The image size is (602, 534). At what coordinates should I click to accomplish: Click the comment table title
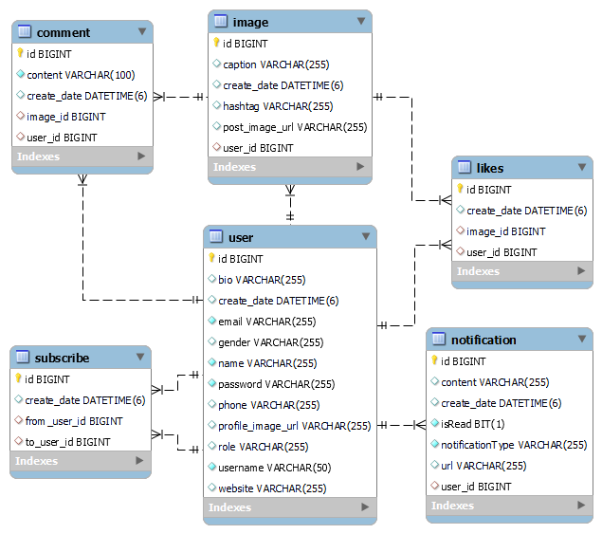pyautogui.click(x=64, y=32)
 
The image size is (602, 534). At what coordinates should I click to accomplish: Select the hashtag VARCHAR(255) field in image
pyautogui.click(x=278, y=106)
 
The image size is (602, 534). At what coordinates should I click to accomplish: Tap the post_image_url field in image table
pyautogui.click(x=294, y=127)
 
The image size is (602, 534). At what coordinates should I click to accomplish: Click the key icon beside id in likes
pyautogui.click(x=460, y=190)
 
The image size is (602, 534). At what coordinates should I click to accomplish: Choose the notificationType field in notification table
pyautogui.click(x=513, y=445)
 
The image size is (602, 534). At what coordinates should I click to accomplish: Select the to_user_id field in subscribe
pyautogui.click(x=67, y=442)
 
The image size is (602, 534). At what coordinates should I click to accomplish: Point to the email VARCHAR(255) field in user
pyautogui.click(x=266, y=322)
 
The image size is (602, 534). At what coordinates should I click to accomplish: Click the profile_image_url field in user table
pyautogui.click(x=294, y=426)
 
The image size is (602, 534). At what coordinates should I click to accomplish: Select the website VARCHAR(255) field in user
pyautogui.click(x=272, y=488)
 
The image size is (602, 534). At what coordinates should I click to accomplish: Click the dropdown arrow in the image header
pyautogui.click(x=360, y=21)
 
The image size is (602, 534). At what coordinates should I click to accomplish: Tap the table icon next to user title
pyautogui.click(x=215, y=237)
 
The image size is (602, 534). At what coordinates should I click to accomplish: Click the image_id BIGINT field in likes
pyautogui.click(x=505, y=231)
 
